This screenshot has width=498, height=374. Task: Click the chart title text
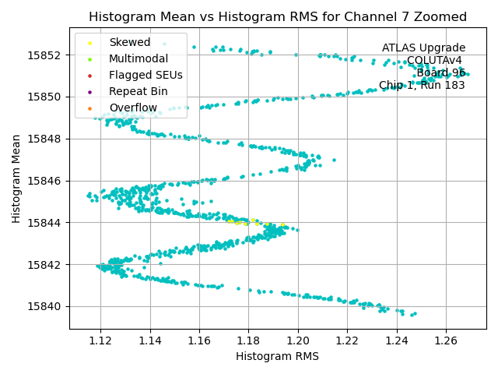click(278, 16)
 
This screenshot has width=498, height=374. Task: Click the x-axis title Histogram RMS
click(277, 356)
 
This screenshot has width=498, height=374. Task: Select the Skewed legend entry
click(130, 42)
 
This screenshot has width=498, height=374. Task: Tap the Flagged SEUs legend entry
click(146, 75)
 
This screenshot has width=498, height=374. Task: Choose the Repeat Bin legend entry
click(138, 91)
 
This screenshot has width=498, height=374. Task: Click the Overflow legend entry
click(133, 108)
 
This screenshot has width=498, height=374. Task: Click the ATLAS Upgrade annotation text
click(423, 48)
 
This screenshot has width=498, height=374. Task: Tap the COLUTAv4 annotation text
click(435, 61)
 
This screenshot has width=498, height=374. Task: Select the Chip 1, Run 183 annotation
click(422, 86)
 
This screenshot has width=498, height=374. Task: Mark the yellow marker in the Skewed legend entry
click(90, 42)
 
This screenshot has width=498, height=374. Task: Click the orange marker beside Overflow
click(90, 108)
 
